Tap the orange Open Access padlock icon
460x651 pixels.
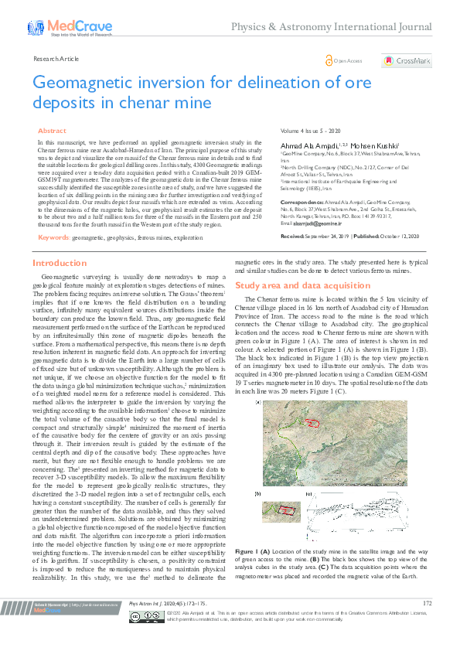(x=329, y=60)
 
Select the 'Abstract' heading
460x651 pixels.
(x=52, y=131)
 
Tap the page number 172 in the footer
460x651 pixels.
(x=427, y=624)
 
